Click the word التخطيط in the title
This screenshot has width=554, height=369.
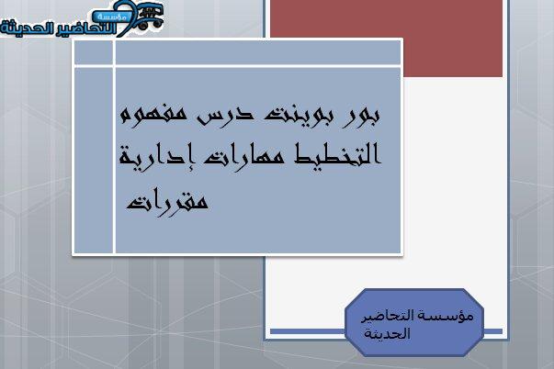point(338,154)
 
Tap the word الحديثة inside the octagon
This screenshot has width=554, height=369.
point(387,333)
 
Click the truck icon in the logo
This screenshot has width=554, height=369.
point(149,17)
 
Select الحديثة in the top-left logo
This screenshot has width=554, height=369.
point(18,28)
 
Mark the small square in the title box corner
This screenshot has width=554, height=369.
point(94,52)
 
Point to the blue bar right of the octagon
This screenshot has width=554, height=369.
point(492,331)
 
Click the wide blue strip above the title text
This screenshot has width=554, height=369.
point(258,52)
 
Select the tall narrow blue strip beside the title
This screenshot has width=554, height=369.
point(94,161)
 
